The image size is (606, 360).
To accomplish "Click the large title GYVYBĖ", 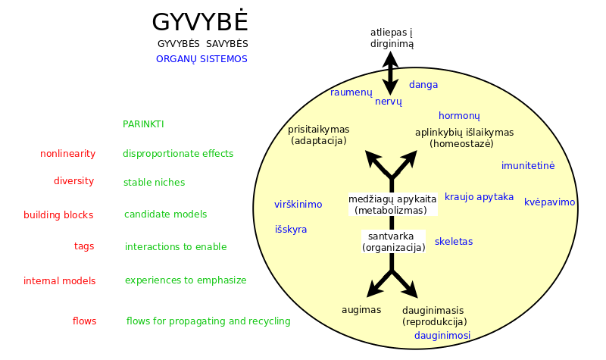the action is [200, 21].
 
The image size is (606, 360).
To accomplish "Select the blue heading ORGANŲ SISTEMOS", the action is [201, 59].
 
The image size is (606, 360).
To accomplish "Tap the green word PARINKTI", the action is [143, 124].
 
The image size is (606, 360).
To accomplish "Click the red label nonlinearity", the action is [67, 154].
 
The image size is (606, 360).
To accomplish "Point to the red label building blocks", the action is [58, 215].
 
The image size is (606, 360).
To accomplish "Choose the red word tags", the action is [84, 246].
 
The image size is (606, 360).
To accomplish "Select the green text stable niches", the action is [155, 182].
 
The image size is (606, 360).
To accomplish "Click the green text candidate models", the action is [165, 214].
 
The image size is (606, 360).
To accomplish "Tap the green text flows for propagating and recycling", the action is [208, 321].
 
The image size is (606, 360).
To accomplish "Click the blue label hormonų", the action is [459, 116].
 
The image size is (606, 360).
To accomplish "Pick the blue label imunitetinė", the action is [528, 165].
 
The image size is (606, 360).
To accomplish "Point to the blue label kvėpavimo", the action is [550, 202].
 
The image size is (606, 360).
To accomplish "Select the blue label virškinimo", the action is [298, 204].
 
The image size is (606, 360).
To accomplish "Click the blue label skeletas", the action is [454, 242].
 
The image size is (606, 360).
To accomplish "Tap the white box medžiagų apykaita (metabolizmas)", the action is [392, 205].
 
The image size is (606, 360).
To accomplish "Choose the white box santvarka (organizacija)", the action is [393, 242].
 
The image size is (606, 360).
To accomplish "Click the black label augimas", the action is [361, 310].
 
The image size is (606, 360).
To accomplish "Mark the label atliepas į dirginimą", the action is [392, 39].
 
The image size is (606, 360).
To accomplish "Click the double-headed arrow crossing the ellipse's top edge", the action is [390, 73].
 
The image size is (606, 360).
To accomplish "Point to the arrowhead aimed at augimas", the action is [373, 290].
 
